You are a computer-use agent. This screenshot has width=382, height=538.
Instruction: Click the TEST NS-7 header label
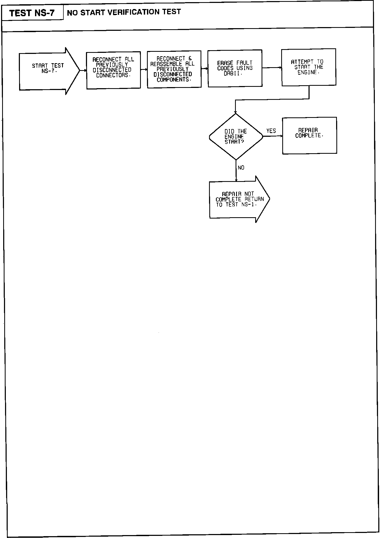click(x=32, y=13)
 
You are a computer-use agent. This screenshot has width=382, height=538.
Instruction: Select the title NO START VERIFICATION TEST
click(x=124, y=12)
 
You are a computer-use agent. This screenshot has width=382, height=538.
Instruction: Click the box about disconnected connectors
click(x=113, y=70)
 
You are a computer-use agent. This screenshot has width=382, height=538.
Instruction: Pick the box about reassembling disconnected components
click(x=174, y=69)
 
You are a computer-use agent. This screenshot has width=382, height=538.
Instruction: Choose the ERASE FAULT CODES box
click(x=235, y=68)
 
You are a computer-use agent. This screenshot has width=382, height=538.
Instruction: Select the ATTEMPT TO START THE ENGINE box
click(x=309, y=67)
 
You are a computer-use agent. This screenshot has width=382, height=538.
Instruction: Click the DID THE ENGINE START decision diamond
click(x=236, y=136)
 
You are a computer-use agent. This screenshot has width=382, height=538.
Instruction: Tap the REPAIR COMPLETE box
click(x=309, y=135)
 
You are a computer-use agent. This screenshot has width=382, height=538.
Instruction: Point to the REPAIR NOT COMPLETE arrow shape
click(x=239, y=199)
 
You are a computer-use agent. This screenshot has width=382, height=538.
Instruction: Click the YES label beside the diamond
click(x=271, y=131)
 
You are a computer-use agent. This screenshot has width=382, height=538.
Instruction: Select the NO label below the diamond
click(x=241, y=168)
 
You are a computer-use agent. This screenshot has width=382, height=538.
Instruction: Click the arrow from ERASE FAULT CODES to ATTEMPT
click(x=272, y=68)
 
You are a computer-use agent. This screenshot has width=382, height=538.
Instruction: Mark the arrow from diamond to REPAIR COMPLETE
click(x=273, y=136)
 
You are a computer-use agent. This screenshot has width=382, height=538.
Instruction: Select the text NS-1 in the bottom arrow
click(x=249, y=205)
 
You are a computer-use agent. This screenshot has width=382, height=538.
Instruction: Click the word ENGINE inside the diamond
click(x=234, y=136)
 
